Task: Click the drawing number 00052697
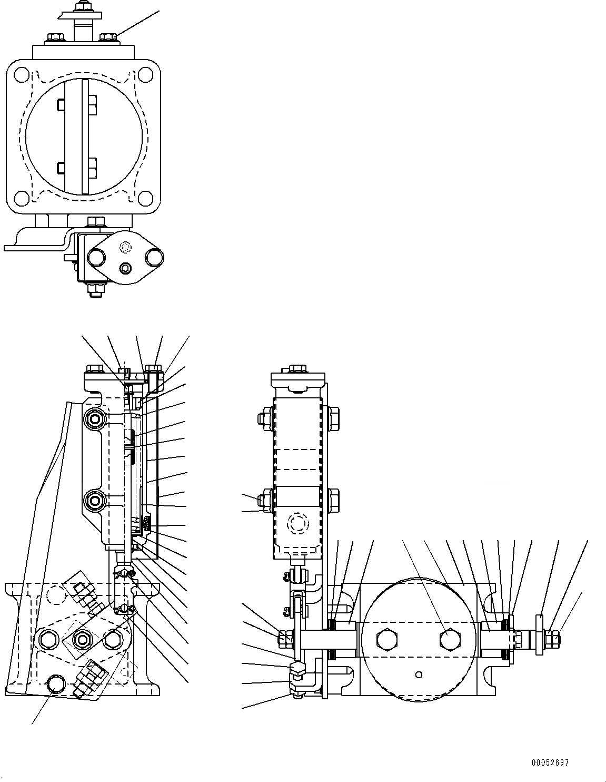click(550, 763)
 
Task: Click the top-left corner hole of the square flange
click(21, 74)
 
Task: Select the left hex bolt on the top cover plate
click(54, 38)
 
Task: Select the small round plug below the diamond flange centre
click(125, 269)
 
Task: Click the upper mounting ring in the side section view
click(96, 419)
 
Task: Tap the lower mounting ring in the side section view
click(96, 498)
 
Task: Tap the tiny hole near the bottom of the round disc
click(419, 674)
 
